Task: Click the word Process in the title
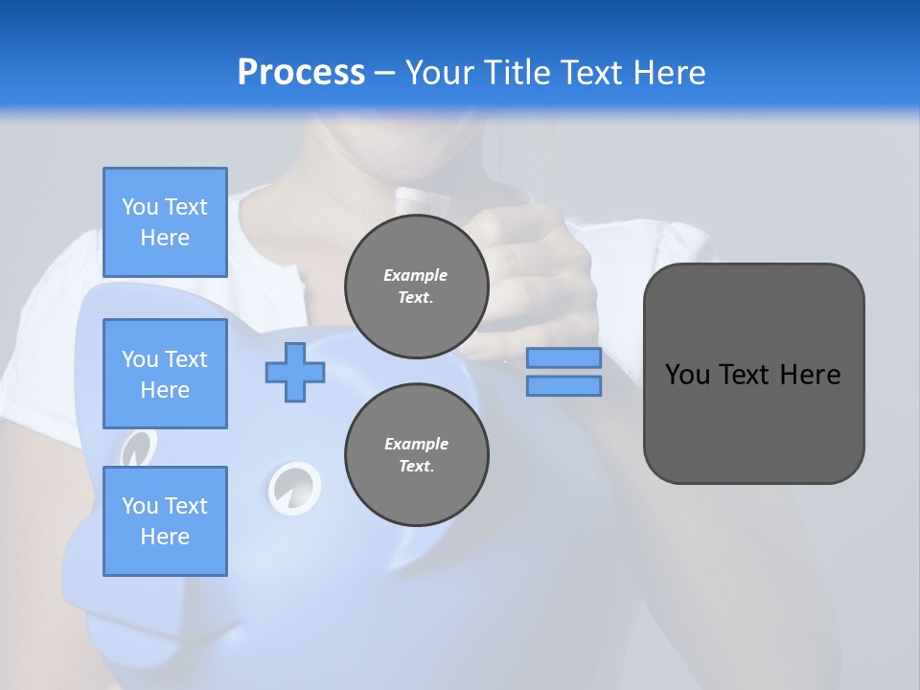point(301,73)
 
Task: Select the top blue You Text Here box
point(165,222)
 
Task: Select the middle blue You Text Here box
point(165,374)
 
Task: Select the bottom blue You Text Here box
point(165,521)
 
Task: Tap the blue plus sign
point(295,372)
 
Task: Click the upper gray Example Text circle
point(416,287)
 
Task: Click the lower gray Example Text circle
point(416,455)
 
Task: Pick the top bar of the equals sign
point(563,357)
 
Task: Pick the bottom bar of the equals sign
point(563,385)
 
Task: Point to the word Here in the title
point(671,73)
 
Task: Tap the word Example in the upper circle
point(416,275)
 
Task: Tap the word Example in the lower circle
point(416,444)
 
